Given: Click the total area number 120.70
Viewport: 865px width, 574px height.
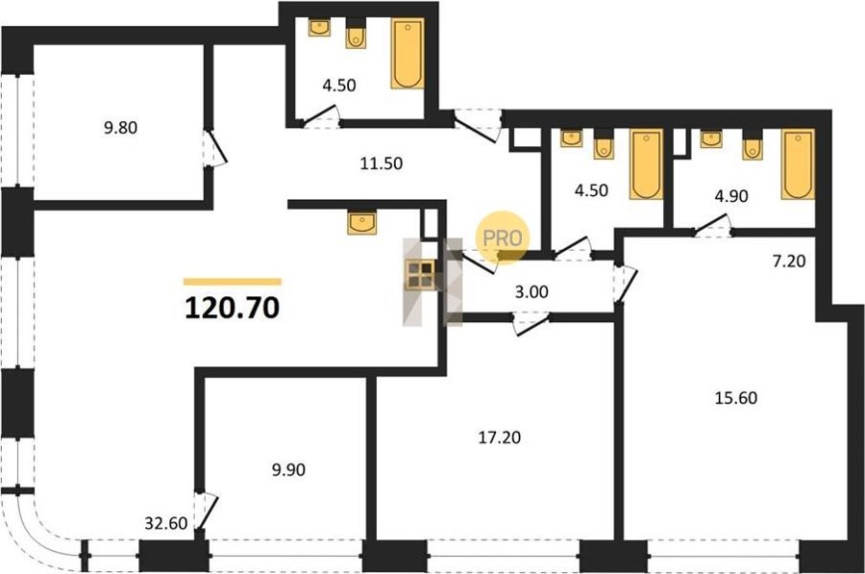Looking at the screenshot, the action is [x=233, y=308].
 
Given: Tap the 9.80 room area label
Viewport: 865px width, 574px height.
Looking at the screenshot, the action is [x=121, y=128].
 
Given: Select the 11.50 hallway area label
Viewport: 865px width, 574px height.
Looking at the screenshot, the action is [x=382, y=163].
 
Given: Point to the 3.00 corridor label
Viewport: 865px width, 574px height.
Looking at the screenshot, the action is [x=531, y=292].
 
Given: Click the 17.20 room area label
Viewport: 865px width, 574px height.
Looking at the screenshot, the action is [x=499, y=437].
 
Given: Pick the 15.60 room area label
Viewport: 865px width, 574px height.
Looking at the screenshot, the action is [x=736, y=398].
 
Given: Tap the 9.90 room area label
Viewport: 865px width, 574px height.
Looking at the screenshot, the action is [x=288, y=470].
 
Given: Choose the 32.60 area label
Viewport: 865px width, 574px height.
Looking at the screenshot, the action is [x=166, y=523].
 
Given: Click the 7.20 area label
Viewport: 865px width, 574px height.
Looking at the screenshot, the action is [x=789, y=262].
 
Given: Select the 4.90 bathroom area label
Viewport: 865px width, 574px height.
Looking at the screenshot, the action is [x=731, y=196].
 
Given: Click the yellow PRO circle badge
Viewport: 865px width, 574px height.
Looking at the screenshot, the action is [x=503, y=237].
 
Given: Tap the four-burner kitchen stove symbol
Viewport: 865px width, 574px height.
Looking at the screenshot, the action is [x=420, y=275].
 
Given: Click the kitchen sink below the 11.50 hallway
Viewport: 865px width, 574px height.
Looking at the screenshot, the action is [x=362, y=222].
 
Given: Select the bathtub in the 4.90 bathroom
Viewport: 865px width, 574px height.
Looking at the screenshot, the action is [x=798, y=163].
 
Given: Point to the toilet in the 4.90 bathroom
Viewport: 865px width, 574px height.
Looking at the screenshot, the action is [x=752, y=145].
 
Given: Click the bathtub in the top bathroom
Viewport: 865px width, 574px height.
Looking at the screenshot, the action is [x=408, y=54].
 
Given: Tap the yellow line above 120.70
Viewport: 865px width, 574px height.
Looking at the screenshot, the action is [x=233, y=282].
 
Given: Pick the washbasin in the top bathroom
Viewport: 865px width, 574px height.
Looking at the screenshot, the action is [x=319, y=28].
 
